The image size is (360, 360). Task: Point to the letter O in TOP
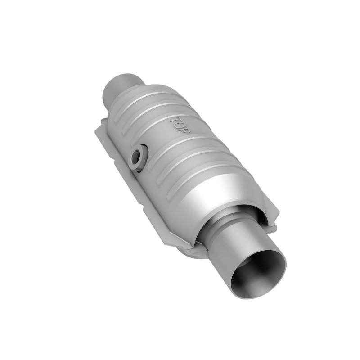[x=180, y=125]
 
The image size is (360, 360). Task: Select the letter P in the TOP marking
[x=187, y=129]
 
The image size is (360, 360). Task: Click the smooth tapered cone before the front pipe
[x=216, y=193]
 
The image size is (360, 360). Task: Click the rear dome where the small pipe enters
[x=135, y=97]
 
